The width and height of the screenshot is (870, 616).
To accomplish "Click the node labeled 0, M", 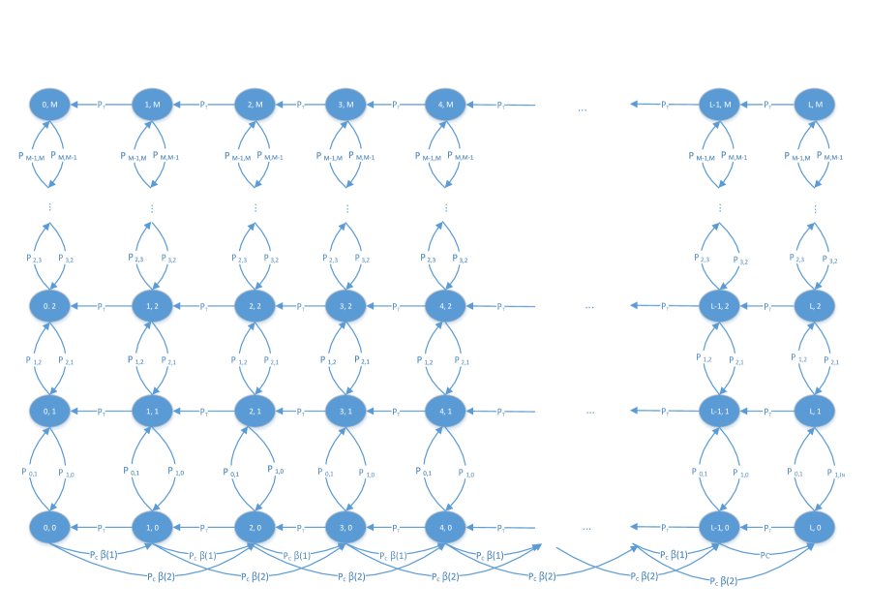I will (x=49, y=105).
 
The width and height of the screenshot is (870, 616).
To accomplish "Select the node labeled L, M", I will (x=815, y=105).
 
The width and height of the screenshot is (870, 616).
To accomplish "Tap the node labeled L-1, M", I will (x=719, y=105).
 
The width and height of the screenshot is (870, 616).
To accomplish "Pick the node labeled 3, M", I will (x=345, y=105).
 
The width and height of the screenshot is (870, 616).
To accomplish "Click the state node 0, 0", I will (x=49, y=528).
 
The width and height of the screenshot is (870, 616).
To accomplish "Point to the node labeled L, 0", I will (x=815, y=528).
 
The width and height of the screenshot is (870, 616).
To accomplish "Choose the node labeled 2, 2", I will (x=255, y=306).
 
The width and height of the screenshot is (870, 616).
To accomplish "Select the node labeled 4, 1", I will (x=445, y=412).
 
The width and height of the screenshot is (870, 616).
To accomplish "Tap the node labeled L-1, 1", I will (x=719, y=412).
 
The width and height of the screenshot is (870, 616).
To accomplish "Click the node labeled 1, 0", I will (x=151, y=528).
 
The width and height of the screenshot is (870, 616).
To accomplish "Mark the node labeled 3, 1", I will (x=345, y=412).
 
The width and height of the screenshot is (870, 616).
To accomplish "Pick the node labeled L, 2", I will (x=815, y=306).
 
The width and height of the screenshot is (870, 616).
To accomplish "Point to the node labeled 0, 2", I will (x=49, y=306).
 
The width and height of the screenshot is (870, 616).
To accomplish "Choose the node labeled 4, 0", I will (x=445, y=528).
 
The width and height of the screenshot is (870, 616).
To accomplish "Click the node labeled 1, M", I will (x=151, y=105).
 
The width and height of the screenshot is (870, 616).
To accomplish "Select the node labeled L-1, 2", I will (x=719, y=306).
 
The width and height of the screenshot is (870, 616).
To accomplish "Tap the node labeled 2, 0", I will (x=255, y=528).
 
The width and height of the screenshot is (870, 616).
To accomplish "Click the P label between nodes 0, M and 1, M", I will (x=101, y=105).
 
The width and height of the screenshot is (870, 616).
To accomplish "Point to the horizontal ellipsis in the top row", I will (x=582, y=110).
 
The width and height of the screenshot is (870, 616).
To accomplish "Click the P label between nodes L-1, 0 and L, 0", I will (x=766, y=528).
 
